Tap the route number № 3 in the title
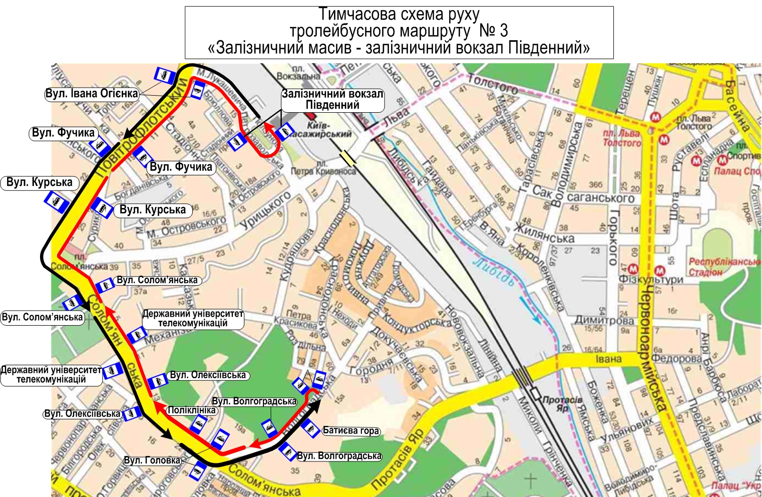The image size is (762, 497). click(493, 31)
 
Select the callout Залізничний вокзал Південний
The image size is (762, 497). click(332, 100)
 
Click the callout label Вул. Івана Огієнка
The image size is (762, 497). click(91, 94)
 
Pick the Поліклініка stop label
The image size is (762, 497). click(192, 410)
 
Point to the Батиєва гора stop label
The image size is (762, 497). click(350, 431)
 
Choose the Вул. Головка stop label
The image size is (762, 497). click(152, 460)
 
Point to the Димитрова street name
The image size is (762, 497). click(604, 320)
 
